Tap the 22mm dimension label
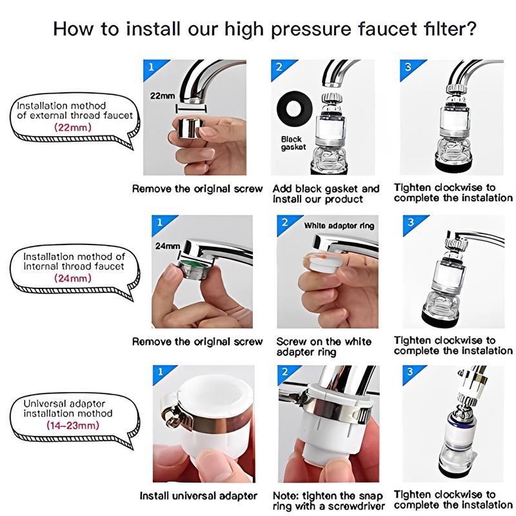tap(163, 96)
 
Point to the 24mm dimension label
tap(168, 246)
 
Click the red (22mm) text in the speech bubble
tap(73, 127)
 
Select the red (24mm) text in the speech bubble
tap(73, 279)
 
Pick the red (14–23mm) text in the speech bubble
tap(73, 425)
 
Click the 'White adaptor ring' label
tap(339, 226)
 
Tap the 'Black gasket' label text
tap(293, 143)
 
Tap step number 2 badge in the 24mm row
tap(285, 223)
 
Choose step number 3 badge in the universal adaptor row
tap(410, 372)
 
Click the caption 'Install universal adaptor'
tap(199, 495)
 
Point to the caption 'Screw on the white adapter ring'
tap(324, 347)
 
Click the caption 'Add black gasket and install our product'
tap(326, 194)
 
